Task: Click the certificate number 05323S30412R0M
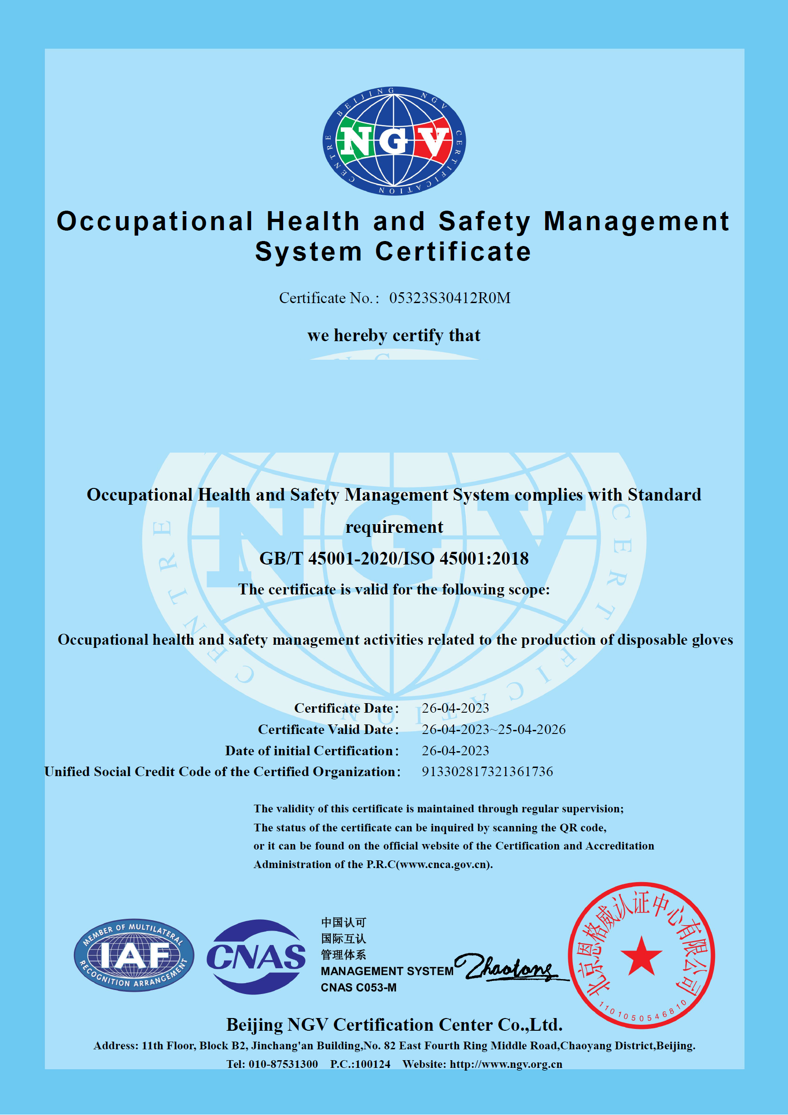[450, 298]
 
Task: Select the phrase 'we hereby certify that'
[393, 335]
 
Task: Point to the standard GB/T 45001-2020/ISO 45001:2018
[393, 559]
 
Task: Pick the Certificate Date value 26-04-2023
[455, 708]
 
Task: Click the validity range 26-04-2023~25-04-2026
[493, 729]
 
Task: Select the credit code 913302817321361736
[487, 772]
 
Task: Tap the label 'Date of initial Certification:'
[311, 751]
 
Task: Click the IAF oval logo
[134, 955]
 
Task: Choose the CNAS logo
[256, 957]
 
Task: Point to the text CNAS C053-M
[358, 988]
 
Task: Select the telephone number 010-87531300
[283, 1064]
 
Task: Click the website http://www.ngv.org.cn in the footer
[506, 1064]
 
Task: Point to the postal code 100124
[373, 1064]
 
